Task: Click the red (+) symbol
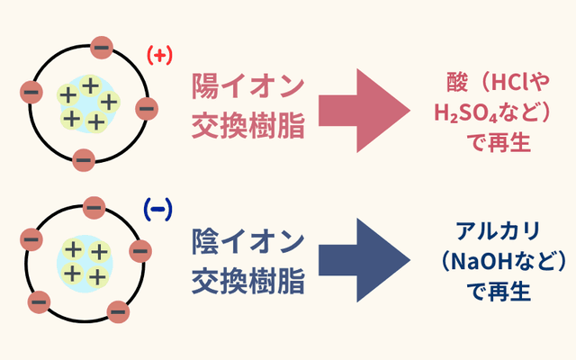tap(159, 56)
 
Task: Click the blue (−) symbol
tap(157, 210)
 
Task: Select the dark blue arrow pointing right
tap(360, 261)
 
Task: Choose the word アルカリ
tap(498, 232)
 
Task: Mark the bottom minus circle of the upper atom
tap(84, 161)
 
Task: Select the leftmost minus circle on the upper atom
tap(31, 91)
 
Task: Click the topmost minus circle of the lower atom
tap(94, 209)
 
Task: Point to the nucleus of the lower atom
tap(85, 260)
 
